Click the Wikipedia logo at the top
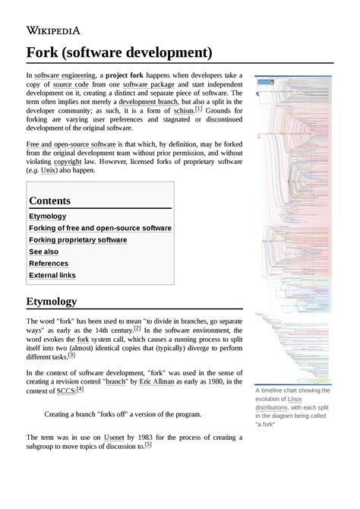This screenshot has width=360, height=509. [x=53, y=30]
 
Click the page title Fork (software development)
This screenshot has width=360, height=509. [x=119, y=52]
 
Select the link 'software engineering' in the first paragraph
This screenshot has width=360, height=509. [x=65, y=76]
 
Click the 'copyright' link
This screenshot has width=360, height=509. [x=67, y=162]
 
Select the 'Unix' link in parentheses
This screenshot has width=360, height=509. [x=49, y=171]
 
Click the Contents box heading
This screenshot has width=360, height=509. [x=50, y=201]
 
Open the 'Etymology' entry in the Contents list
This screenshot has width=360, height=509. [x=48, y=217]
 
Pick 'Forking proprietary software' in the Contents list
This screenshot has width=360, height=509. [x=77, y=239]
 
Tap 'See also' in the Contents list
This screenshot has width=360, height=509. [x=43, y=251]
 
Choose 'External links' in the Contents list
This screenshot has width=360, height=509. [x=52, y=275]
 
